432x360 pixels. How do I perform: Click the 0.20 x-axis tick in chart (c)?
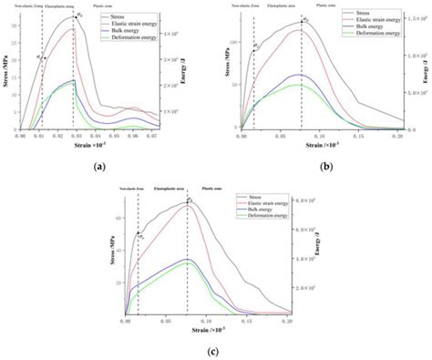point(286,322)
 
